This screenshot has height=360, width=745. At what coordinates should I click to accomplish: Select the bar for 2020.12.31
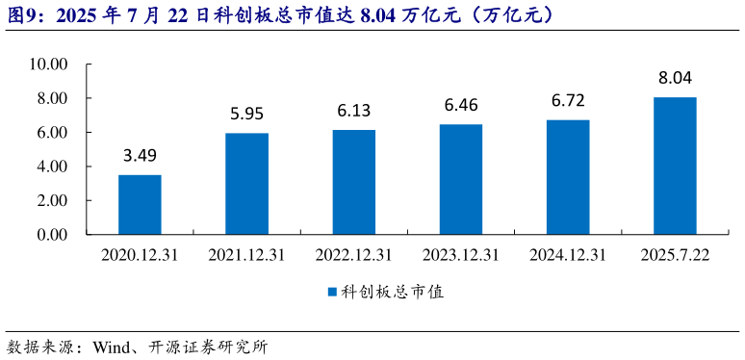click(x=140, y=204)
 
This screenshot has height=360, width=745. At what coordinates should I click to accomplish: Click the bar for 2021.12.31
click(x=246, y=183)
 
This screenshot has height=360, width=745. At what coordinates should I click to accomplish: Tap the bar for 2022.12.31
click(x=353, y=182)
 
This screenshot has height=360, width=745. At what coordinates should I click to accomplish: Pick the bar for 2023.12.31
click(x=460, y=179)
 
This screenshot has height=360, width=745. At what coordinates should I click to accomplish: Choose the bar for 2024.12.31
click(x=567, y=177)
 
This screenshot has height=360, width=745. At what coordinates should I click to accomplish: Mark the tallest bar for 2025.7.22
click(x=674, y=166)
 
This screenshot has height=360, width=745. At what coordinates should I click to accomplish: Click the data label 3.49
click(x=140, y=156)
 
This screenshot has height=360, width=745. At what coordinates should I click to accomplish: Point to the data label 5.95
click(x=246, y=115)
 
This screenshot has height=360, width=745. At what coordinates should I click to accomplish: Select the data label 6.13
click(x=353, y=111)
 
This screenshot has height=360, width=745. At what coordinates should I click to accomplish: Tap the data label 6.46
click(x=460, y=105)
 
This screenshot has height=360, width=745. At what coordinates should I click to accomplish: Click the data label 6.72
click(x=567, y=101)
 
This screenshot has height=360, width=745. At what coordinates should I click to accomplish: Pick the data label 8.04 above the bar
click(x=674, y=78)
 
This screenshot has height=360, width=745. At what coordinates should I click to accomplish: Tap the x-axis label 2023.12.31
click(x=460, y=255)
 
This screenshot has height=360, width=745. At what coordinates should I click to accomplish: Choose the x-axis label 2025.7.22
click(x=674, y=255)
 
